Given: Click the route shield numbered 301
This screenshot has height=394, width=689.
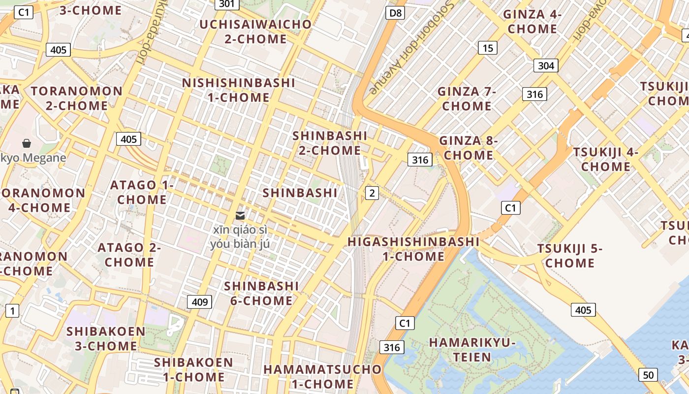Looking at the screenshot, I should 227,4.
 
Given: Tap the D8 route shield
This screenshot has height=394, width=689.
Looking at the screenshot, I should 395,13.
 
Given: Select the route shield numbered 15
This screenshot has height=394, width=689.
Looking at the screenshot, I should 488,48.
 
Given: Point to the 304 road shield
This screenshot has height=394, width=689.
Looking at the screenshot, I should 546,66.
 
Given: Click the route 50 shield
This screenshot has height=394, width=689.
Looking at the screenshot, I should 648,375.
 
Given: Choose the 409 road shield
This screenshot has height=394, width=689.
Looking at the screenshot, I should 199,302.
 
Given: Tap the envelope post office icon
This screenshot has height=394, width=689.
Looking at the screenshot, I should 240,216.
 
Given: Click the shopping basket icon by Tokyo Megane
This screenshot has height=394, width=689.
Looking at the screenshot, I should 27,143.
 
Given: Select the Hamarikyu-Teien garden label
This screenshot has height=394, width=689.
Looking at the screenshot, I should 472,350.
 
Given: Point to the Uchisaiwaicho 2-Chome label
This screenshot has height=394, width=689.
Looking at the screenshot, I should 255,32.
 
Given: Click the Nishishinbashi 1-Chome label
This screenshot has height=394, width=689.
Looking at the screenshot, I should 239,90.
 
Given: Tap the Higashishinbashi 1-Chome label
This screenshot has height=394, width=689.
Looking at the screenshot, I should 413,249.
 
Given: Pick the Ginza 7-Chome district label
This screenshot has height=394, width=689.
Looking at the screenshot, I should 467,98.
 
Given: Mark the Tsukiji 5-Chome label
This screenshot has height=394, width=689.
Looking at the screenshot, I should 570,256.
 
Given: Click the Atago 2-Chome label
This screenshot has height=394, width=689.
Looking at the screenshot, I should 129,255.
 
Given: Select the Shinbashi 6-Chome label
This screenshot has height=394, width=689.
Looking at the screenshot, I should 261,293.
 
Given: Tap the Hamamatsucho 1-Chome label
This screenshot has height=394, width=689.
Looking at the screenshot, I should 322,376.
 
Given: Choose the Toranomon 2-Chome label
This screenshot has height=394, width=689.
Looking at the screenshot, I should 77,98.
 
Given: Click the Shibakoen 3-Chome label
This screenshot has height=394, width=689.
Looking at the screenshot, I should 106,338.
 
